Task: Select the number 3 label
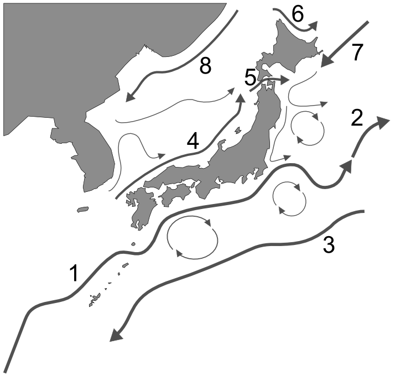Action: point(329,244)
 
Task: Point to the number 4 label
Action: point(193,142)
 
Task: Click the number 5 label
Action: point(251,78)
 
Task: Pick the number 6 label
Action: point(298,14)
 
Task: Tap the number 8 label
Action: point(205,66)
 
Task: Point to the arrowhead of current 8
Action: point(131,96)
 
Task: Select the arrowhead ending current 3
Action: point(117,336)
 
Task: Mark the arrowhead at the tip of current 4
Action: point(241,98)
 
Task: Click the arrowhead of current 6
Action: point(313,25)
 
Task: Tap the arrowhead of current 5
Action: point(284,80)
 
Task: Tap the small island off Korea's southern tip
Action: point(82,209)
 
